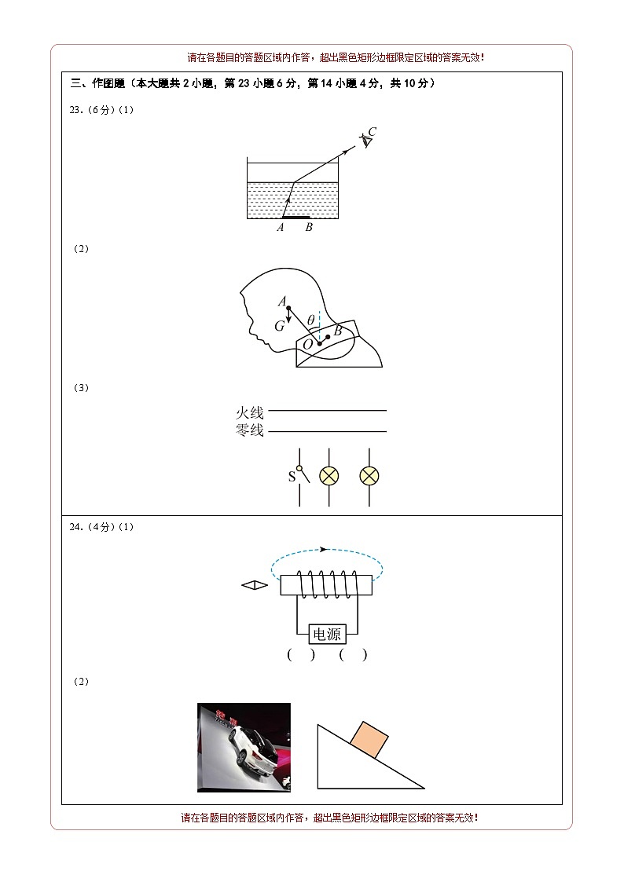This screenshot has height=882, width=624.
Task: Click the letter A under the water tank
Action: click(281, 227)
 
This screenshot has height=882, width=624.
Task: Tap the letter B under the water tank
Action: click(309, 227)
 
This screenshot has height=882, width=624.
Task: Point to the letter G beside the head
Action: click(280, 326)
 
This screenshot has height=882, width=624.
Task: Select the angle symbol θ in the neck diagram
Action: click(310, 320)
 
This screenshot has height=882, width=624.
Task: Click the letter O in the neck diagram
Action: click(308, 344)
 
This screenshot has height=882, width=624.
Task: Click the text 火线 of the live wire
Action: click(249, 413)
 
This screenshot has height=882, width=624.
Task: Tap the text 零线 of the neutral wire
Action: click(249, 430)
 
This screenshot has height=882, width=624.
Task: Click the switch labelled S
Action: click(301, 477)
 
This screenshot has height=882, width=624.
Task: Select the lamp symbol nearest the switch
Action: click(329, 477)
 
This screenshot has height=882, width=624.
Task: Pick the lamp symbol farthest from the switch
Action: click(369, 477)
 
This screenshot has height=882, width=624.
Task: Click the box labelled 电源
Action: click(327, 635)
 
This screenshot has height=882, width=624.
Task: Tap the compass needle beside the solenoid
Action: click(255, 586)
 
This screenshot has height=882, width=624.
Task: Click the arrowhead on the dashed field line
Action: click(323, 549)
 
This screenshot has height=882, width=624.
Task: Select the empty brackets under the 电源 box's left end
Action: click(301, 655)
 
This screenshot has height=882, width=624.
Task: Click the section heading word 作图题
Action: click(108, 83)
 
